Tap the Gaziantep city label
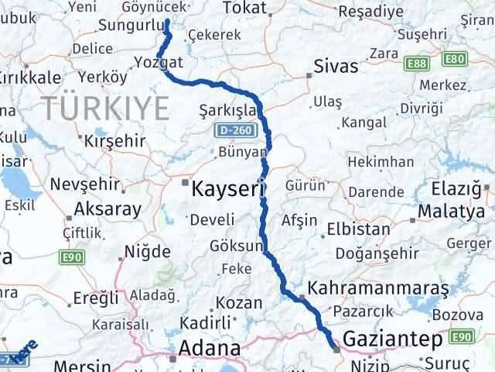[x=395, y=340]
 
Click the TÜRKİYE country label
[x=106, y=105]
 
